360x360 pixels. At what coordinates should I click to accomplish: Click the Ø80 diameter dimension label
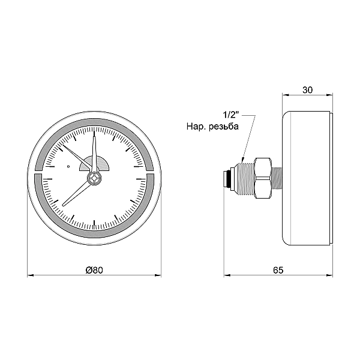[94, 270]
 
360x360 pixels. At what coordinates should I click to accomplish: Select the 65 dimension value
[278, 270]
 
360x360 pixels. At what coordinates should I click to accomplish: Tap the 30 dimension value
[307, 90]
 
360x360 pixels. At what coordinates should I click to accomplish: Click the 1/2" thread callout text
[231, 115]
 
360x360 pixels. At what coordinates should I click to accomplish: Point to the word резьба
[224, 126]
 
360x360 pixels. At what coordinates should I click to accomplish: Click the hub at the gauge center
[94, 178]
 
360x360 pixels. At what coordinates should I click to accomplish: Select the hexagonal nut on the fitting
[263, 178]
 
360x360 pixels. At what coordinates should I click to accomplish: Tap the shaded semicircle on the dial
[94, 163]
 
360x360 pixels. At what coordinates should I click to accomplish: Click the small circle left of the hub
[68, 166]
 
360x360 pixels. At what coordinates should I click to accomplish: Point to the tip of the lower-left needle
[63, 205]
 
